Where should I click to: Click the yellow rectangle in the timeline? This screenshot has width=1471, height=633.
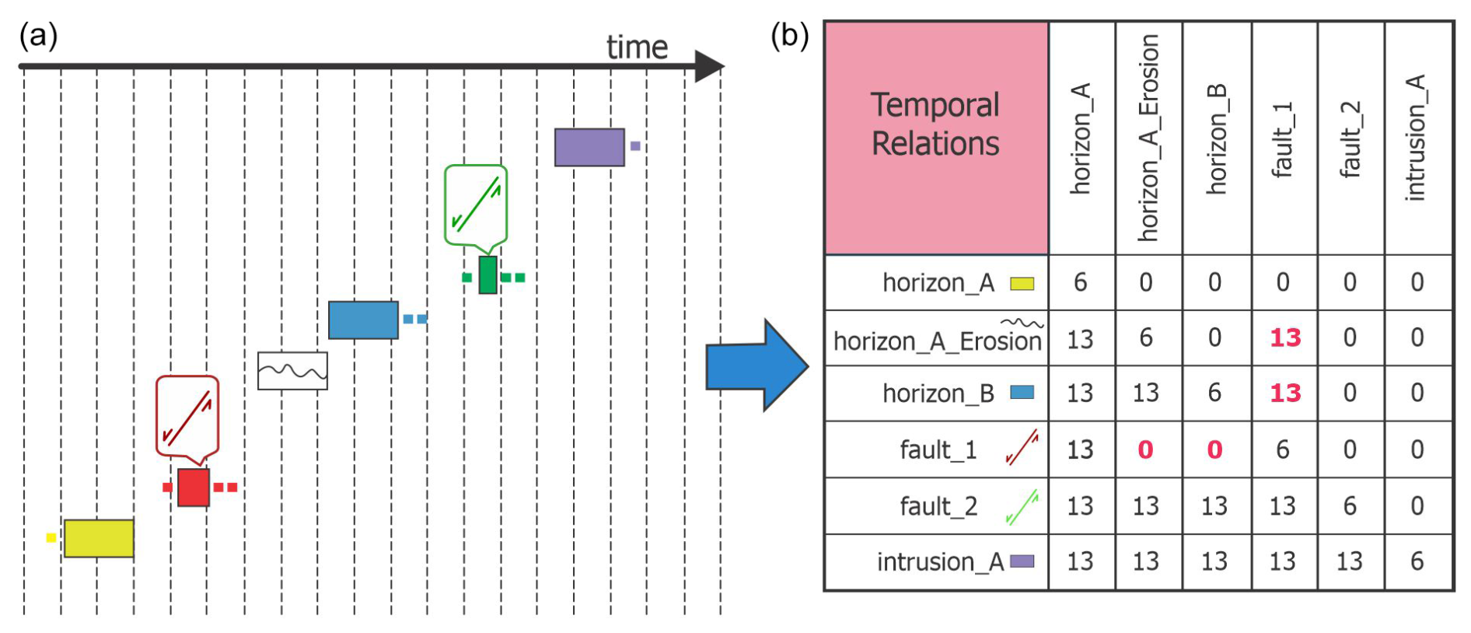tap(99, 538)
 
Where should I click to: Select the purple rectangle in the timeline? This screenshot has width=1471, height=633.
tap(589, 147)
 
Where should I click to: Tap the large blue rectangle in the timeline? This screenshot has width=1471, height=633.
tap(363, 320)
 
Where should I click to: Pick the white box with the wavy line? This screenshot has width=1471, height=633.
tap(292, 371)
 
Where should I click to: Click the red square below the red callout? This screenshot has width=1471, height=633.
tap(194, 488)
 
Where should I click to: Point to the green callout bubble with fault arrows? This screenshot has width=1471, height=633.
tap(476, 204)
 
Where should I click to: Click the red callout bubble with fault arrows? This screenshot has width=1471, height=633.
tap(187, 416)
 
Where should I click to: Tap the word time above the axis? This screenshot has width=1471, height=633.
tap(637, 47)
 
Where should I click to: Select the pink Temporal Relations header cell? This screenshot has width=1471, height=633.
tap(936, 138)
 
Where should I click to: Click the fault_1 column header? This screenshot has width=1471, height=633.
tap(1283, 140)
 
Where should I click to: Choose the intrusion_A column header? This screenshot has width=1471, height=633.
tap(1417, 138)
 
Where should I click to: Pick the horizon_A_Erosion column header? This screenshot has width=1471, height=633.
tap(1148, 138)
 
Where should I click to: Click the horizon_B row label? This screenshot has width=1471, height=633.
tap(938, 393)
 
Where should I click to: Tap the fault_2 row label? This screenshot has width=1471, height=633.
tap(938, 506)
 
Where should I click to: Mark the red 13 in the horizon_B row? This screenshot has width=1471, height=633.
tap(1285, 393)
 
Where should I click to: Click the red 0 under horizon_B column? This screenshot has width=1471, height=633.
tap(1214, 450)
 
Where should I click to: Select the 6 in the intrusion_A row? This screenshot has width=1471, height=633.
tap(1417, 561)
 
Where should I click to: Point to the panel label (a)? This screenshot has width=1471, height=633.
tap(38, 36)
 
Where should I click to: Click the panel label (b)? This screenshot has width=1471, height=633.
tap(789, 36)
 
